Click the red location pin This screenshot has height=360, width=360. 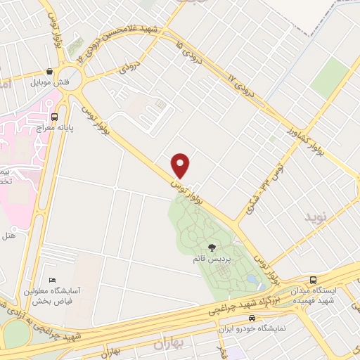point(181,165)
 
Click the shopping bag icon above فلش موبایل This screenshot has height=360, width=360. point(49,71)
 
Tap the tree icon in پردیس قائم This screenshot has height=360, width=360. point(212,247)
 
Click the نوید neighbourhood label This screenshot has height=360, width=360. point(316,218)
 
